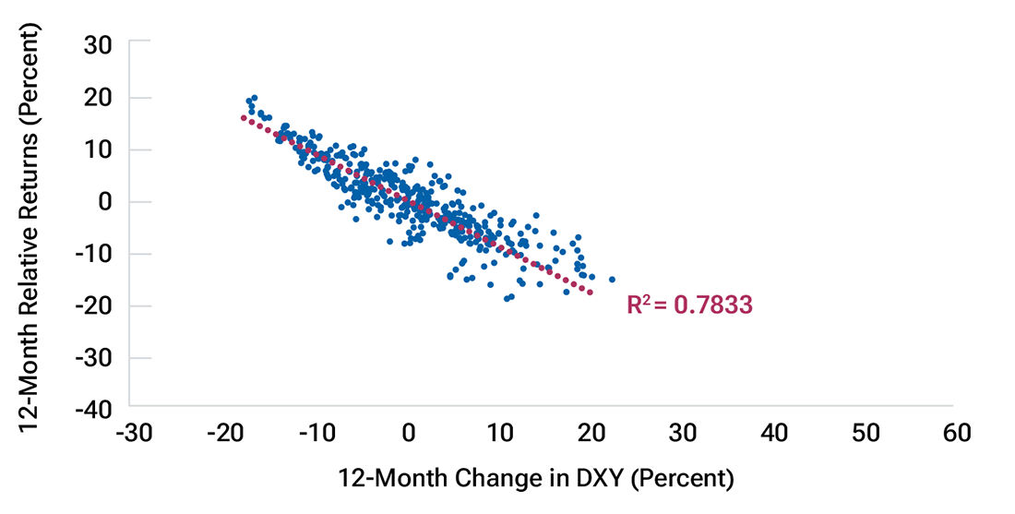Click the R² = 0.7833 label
point(689,305)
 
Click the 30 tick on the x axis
point(682,433)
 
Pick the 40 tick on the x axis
point(773,433)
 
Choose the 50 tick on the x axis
point(865,433)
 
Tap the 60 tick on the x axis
point(956,433)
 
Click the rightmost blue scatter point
point(612,280)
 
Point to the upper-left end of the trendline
point(243,117)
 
